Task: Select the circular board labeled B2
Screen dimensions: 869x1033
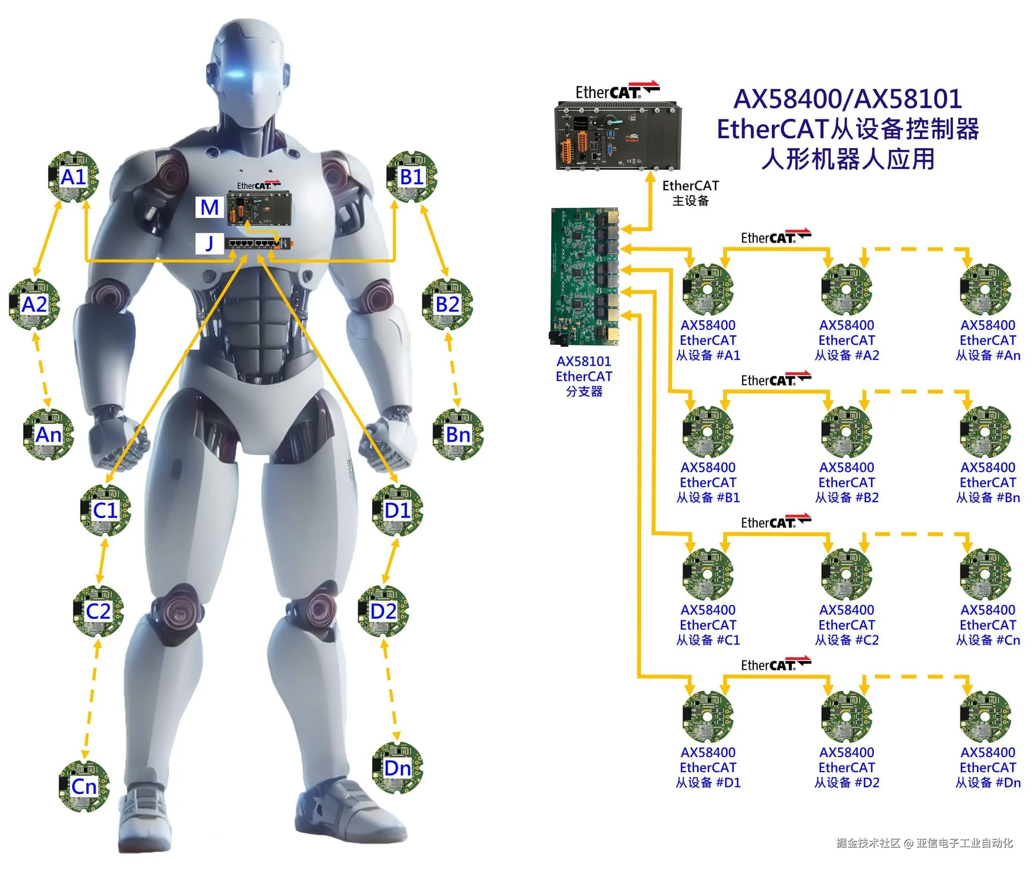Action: pos(447,304)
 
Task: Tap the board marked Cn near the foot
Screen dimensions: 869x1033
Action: pos(84,786)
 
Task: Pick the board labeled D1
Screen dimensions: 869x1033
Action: pos(397,510)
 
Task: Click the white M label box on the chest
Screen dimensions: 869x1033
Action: pos(209,207)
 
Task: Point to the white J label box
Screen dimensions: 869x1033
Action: pos(209,243)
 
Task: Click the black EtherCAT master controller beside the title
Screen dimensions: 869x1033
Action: pos(618,136)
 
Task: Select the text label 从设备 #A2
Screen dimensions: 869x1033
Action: pos(846,355)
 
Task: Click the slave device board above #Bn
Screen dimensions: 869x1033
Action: pos(985,432)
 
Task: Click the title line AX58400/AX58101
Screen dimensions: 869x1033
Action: pos(847,99)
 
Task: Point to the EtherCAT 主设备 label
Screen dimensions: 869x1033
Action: pos(690,193)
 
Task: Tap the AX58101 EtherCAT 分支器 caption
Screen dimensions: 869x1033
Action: pos(584,376)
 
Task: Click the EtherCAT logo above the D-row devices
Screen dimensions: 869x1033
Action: pos(775,665)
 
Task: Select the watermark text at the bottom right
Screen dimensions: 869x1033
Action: pos(924,843)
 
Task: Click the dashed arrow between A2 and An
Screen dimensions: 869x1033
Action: pos(41,369)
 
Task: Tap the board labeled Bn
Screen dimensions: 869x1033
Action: pos(458,435)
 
